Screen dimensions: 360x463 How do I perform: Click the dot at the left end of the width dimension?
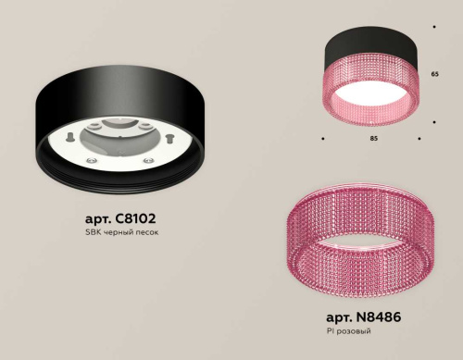coord(321,140)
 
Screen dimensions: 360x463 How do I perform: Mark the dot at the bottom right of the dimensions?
coord(420,140)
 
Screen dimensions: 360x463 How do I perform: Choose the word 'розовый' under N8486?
coord(356,329)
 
